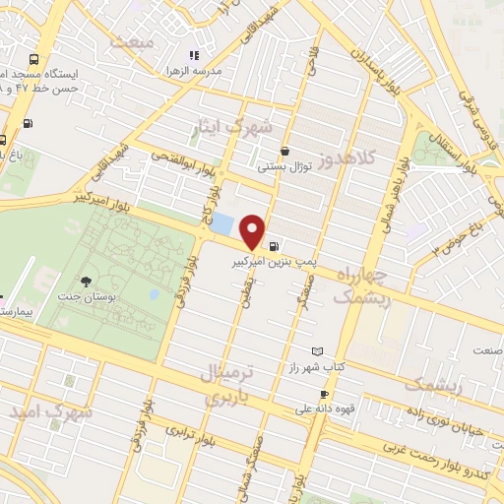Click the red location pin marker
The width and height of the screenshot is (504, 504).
pyautogui.click(x=253, y=231)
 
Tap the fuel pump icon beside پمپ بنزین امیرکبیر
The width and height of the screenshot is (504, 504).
pyautogui.click(x=273, y=247)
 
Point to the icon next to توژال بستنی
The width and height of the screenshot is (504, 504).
pyautogui.click(x=284, y=152)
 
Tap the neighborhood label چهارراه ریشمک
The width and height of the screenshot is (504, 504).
pyautogui.click(x=363, y=284)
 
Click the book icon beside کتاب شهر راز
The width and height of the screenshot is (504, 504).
pyautogui.click(x=316, y=351)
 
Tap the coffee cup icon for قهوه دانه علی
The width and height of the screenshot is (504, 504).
pyautogui.click(x=324, y=395)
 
